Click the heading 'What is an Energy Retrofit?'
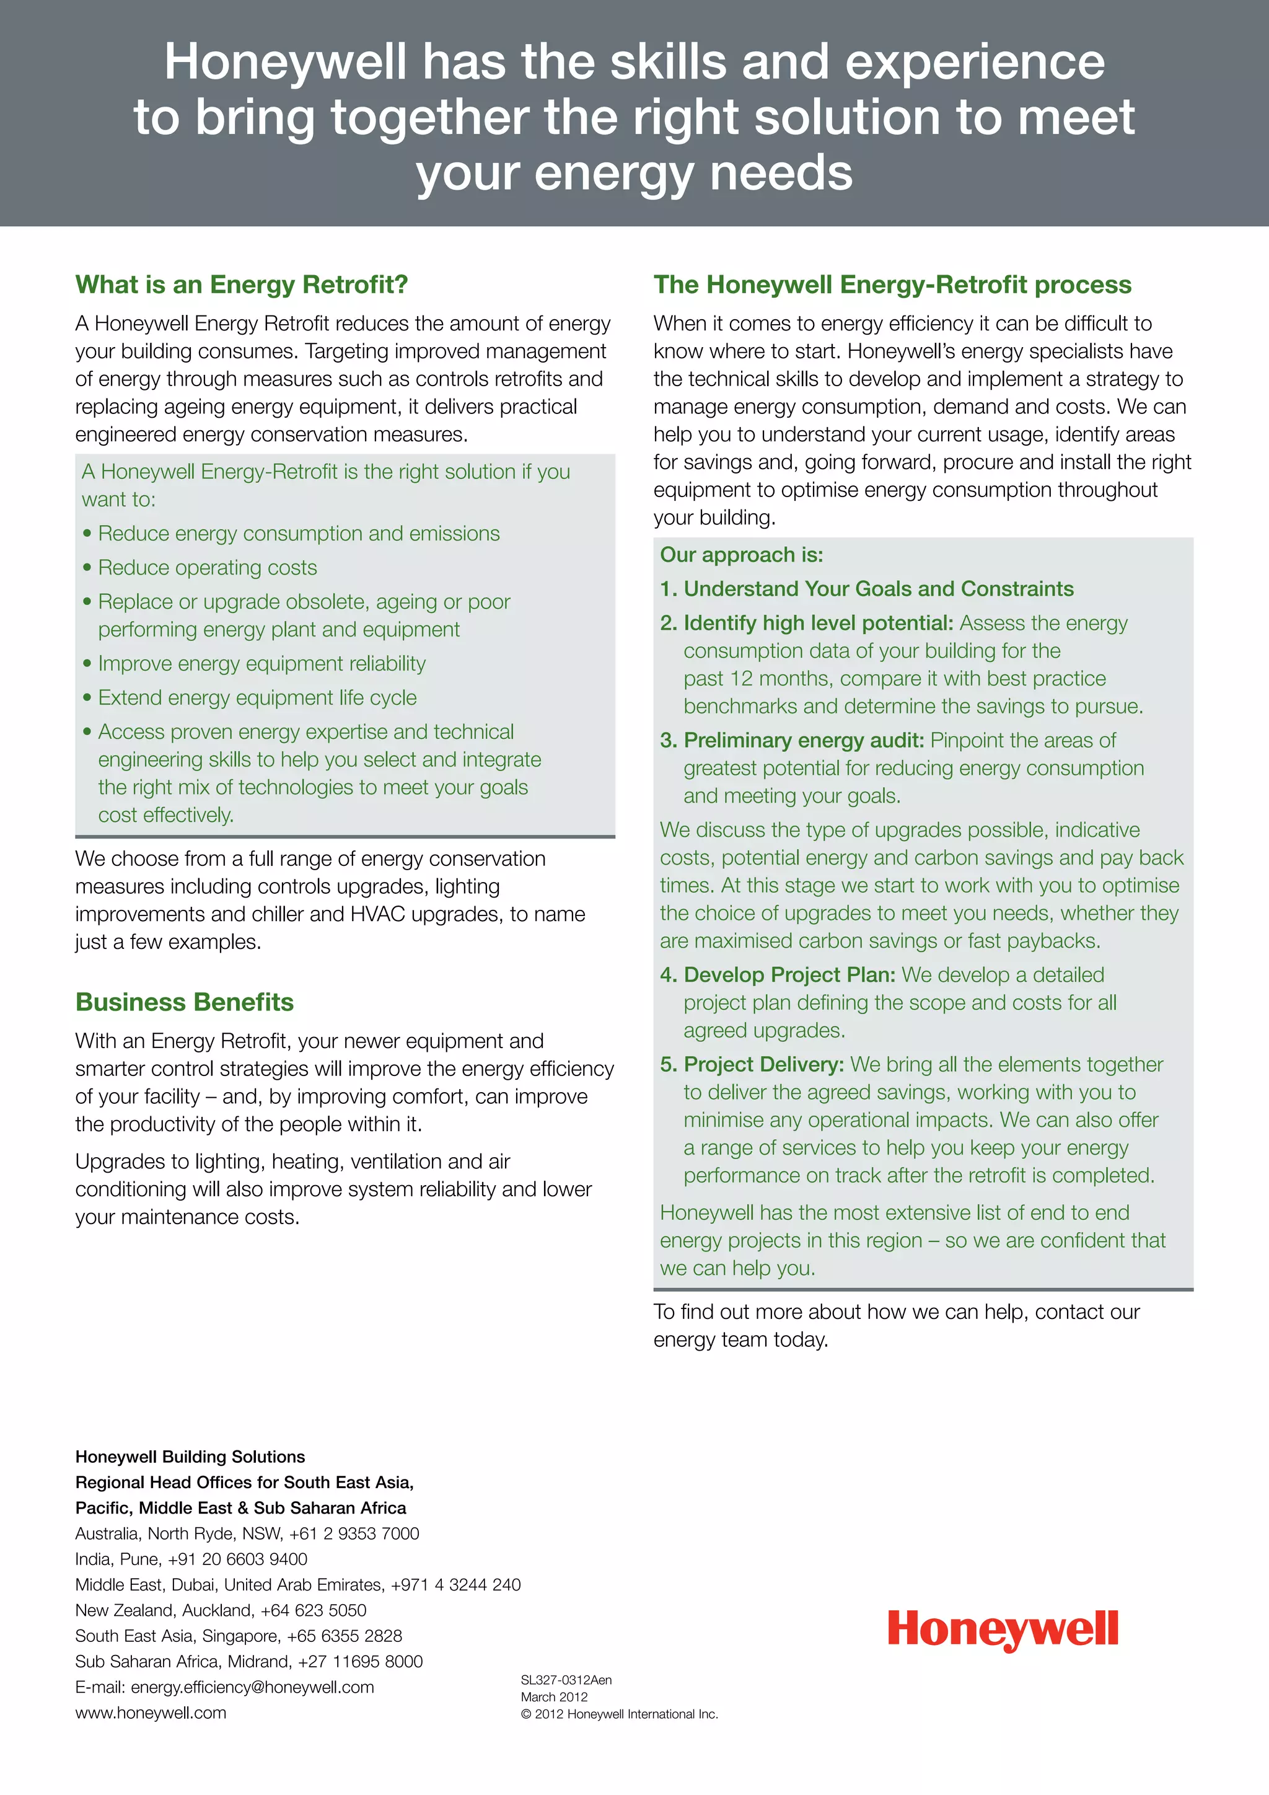tap(242, 284)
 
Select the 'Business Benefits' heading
tap(185, 1002)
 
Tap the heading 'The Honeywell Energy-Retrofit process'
tap(892, 284)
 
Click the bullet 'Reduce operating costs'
tap(207, 568)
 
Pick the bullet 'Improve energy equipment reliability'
tap(261, 664)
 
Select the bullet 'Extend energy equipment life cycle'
tap(257, 697)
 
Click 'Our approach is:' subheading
tap(742, 555)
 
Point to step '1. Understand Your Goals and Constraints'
tap(867, 589)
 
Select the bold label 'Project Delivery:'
tap(763, 1065)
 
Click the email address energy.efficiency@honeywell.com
tap(252, 1687)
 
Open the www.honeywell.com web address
tap(151, 1713)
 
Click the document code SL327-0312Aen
tap(566, 1680)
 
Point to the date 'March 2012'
tap(554, 1697)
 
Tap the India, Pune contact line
tap(191, 1559)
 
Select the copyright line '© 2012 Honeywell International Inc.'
tap(619, 1714)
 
